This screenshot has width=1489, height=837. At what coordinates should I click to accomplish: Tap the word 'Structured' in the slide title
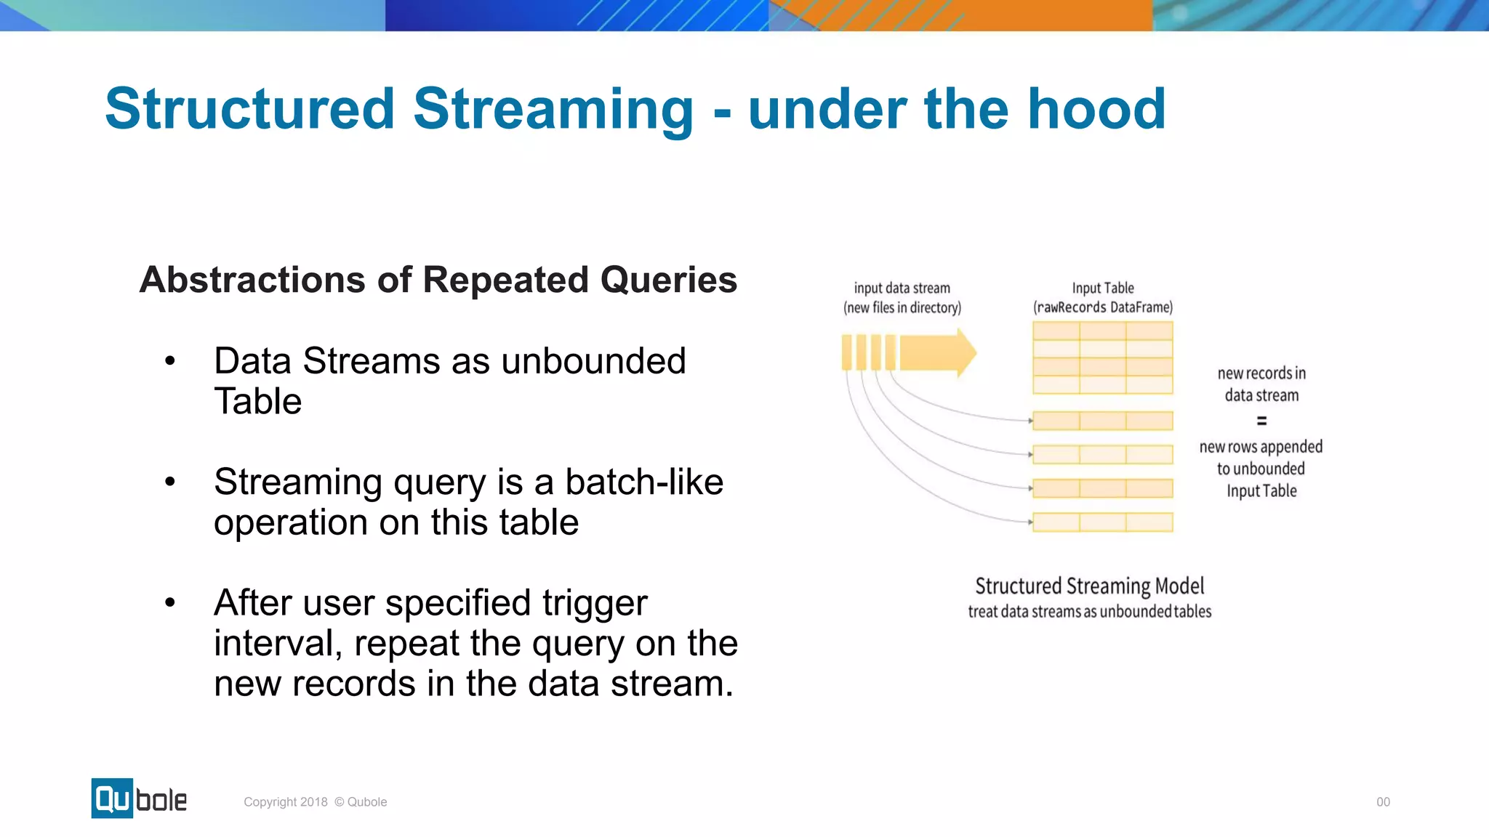[x=249, y=109]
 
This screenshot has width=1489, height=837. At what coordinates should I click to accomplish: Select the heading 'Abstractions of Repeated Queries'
[x=438, y=280]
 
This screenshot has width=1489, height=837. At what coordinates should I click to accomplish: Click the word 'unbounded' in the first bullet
[x=593, y=361]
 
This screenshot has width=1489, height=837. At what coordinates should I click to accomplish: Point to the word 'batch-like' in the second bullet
[x=643, y=482]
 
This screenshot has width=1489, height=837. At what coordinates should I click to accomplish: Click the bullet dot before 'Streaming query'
[x=170, y=482]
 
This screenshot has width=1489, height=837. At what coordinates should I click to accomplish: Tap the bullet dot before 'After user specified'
[x=170, y=602]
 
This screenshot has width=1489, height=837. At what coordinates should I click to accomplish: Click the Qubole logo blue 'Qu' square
[x=112, y=798]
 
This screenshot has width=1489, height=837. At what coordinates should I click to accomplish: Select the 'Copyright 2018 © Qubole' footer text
[x=315, y=802]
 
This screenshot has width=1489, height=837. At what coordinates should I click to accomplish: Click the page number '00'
[x=1383, y=802]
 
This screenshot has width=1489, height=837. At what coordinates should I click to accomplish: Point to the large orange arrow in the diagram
[x=938, y=353]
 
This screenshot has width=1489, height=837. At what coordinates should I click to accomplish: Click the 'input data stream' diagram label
[x=902, y=288]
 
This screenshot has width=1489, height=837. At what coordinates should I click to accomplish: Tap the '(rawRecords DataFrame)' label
[x=1102, y=307]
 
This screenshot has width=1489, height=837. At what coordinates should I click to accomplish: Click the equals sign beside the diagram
[x=1261, y=421]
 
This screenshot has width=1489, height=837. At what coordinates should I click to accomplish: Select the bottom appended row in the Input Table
[x=1102, y=522]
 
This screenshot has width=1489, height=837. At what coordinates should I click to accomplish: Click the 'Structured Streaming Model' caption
[x=1089, y=586]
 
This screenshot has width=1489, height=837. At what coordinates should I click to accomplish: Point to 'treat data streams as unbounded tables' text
[x=1089, y=612]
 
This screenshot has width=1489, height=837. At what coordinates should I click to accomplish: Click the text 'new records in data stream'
[x=1261, y=384]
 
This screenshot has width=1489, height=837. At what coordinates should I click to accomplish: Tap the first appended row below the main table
[x=1102, y=421]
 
